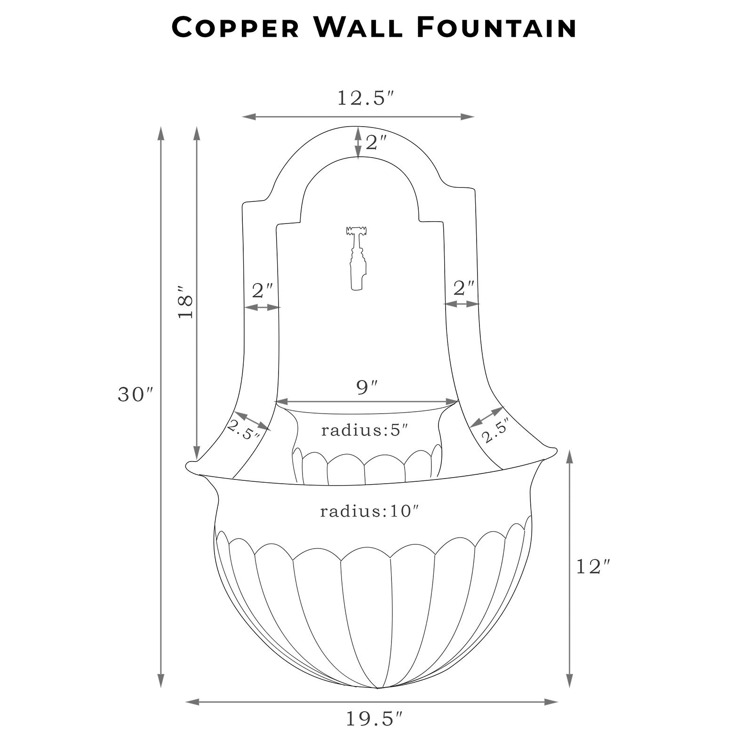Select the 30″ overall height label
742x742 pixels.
coord(136,394)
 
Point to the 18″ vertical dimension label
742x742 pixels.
coord(185,302)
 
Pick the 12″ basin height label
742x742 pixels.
coord(595,566)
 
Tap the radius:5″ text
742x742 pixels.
coord(364,430)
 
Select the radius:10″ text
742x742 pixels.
coord(369,511)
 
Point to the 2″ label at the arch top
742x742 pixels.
coord(376,143)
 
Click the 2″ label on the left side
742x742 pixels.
coord(263,290)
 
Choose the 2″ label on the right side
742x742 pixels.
coord(463,287)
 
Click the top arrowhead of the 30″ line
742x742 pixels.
coord(161,133)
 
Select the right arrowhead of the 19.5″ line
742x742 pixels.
coord(551,702)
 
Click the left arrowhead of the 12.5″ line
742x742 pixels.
coord(249,116)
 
